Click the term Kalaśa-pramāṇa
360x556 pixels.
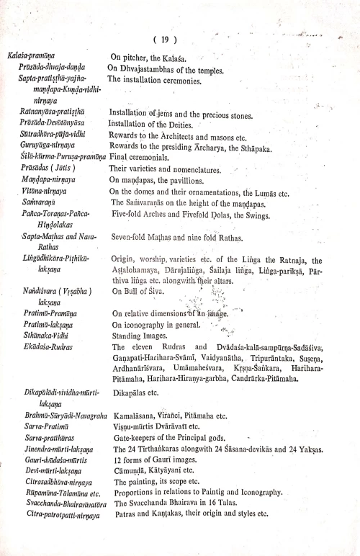pos(33,55)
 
